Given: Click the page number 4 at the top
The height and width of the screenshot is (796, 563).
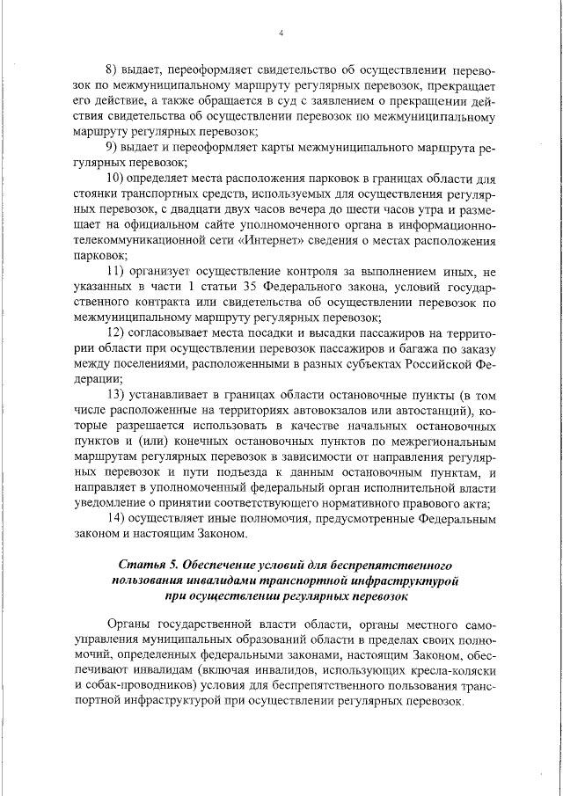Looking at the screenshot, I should (281, 33).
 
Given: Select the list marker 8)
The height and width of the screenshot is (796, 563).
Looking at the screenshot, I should (112, 69).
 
